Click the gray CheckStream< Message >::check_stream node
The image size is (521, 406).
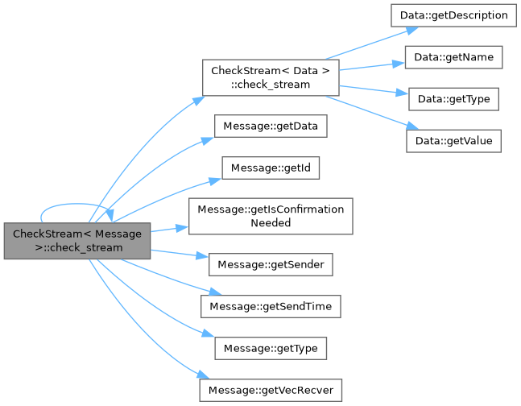click(x=77, y=240)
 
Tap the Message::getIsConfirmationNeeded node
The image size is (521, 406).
click(x=271, y=215)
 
